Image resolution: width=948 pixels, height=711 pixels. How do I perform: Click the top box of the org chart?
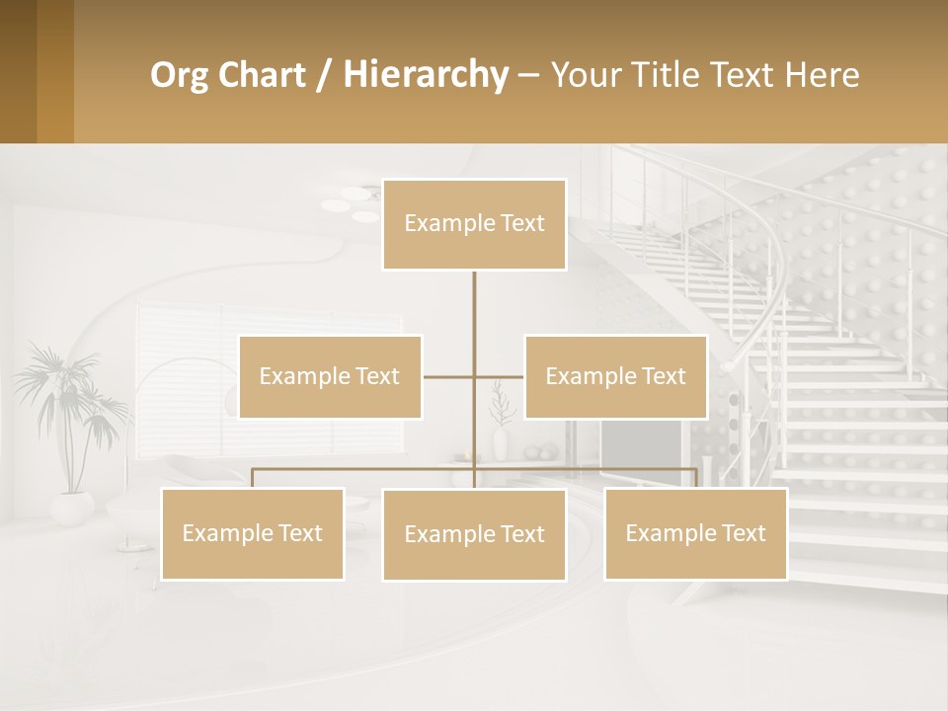click(474, 224)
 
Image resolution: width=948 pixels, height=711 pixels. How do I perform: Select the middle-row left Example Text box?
click(330, 376)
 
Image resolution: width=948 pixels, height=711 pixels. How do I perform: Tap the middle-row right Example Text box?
click(615, 376)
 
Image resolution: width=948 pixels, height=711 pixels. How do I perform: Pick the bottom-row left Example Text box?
click(252, 533)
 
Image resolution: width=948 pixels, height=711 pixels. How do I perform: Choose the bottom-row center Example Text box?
click(474, 534)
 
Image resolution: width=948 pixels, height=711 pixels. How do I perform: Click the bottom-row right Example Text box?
click(695, 533)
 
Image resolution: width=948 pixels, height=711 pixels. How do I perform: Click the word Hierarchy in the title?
click(425, 75)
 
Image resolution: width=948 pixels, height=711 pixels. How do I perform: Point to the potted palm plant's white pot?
click(72, 508)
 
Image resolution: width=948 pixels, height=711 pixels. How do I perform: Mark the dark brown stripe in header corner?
click(18, 71)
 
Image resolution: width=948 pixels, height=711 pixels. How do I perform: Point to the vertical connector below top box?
click(474, 316)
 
